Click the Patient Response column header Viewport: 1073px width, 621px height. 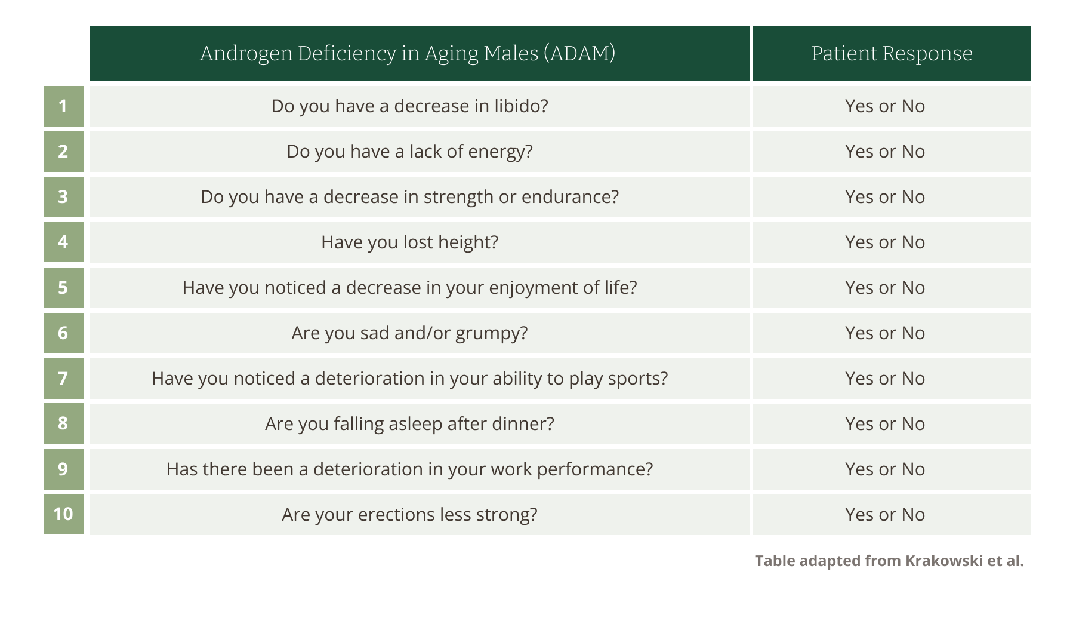[892, 53]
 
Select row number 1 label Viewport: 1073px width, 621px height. [63, 106]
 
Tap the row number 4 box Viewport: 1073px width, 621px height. [63, 242]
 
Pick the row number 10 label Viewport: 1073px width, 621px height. [63, 514]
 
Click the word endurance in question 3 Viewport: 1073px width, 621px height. [570, 197]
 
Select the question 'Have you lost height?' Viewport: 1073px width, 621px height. [409, 242]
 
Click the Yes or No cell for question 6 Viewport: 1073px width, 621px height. [892, 333]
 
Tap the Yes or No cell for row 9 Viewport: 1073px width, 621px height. [892, 469]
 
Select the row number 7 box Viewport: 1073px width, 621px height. [63, 379]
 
